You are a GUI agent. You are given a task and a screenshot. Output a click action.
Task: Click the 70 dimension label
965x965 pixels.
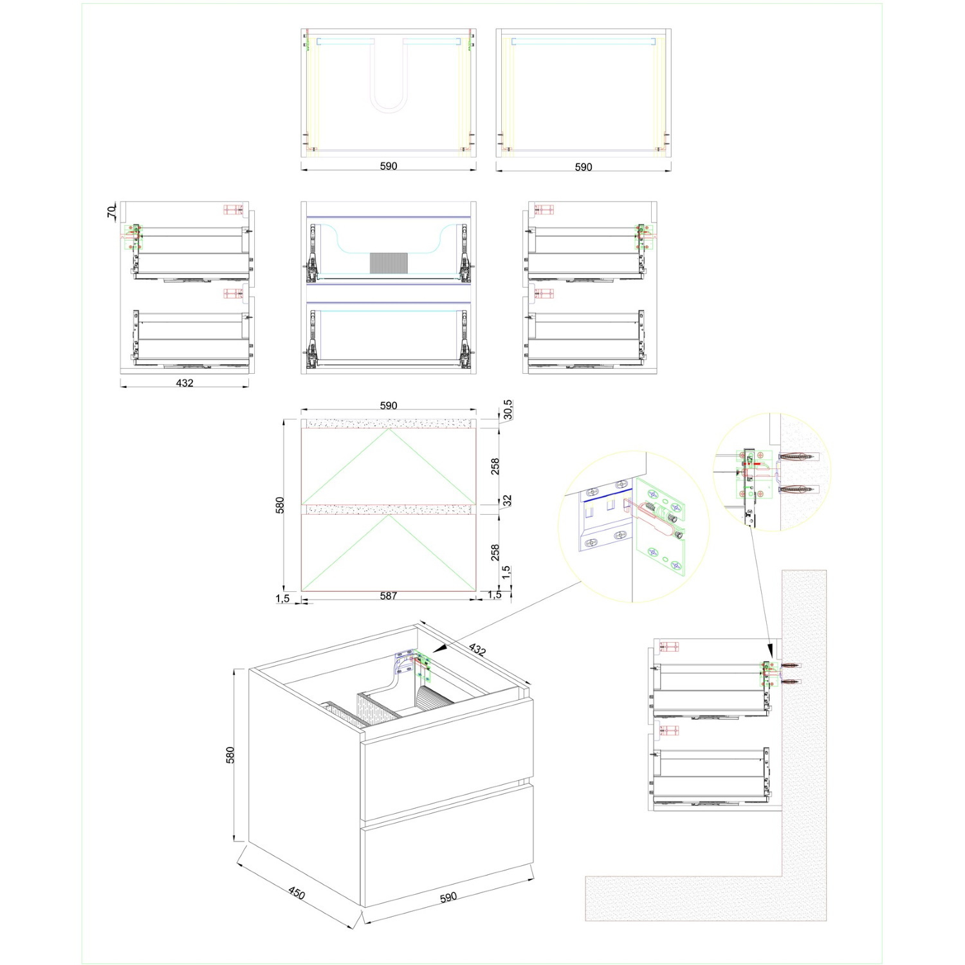pos(111,210)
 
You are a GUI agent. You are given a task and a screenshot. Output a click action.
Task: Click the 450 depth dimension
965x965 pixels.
pos(296,893)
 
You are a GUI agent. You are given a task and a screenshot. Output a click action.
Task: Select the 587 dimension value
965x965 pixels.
pos(389,596)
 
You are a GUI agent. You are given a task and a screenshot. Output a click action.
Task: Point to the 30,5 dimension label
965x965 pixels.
pos(508,409)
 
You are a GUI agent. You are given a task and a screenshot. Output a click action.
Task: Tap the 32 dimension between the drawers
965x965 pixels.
pos(508,500)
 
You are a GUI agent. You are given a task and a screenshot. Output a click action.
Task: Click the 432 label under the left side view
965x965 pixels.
pos(185,383)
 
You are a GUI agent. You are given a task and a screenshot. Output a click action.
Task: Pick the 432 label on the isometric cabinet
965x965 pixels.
pos(477,649)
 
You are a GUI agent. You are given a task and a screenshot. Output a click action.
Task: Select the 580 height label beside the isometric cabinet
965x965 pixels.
pos(230,755)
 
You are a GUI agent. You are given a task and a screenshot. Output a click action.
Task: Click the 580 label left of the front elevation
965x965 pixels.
pos(280,505)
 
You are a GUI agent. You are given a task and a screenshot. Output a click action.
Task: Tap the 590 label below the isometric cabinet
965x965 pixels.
pos(448,897)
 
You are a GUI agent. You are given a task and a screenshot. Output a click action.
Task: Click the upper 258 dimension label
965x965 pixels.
pos(495,466)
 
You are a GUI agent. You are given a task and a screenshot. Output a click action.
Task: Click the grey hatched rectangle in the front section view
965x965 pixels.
pos(389,262)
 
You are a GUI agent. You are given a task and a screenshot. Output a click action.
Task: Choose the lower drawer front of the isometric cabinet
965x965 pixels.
pos(448,844)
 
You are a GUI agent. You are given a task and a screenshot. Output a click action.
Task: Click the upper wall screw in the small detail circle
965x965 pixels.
pos(796,457)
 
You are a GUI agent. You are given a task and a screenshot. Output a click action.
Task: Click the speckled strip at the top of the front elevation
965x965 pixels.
pos(389,423)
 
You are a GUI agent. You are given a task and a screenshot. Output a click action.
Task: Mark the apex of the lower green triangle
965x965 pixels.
pos(389,515)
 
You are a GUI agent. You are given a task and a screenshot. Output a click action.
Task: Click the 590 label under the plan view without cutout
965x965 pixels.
pos(584,167)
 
